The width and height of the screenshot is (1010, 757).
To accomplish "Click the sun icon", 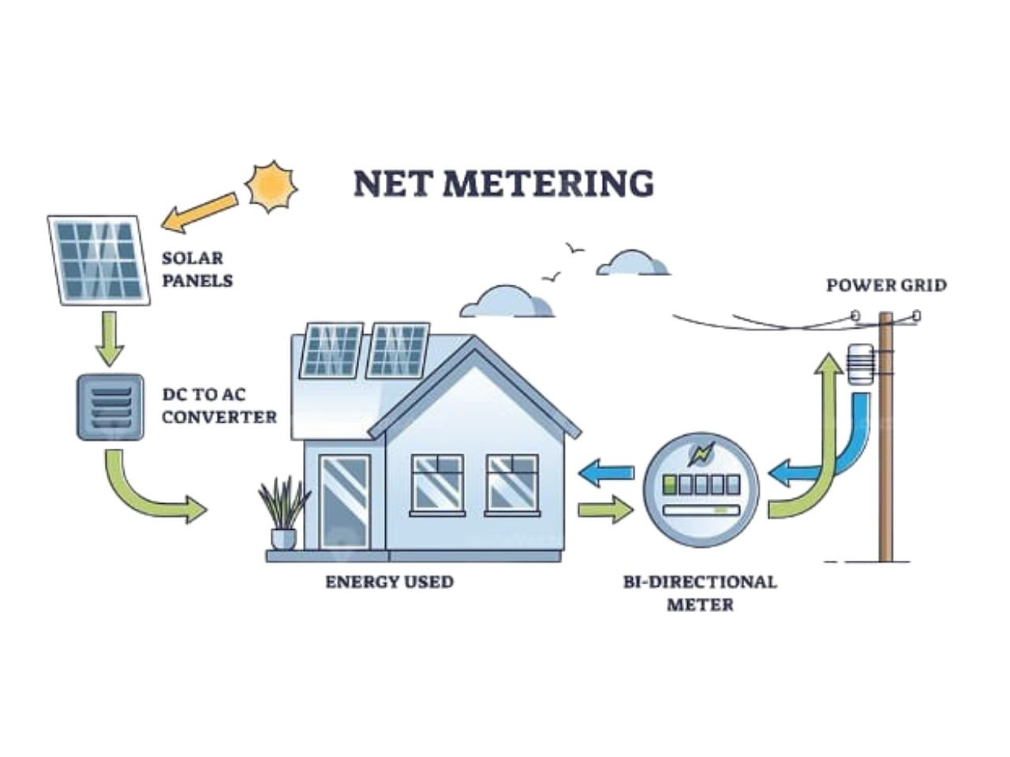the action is (271, 187).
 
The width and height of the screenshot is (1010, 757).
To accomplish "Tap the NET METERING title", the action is (504, 184).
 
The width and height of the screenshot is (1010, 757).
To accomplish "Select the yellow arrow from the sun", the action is (199, 212).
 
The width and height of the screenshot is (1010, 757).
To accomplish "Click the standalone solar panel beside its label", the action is (99, 259).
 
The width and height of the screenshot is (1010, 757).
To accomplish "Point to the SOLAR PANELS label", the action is (197, 270).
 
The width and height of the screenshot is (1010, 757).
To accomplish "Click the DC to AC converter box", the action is (110, 407).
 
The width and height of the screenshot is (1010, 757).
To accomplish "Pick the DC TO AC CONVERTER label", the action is (219, 406).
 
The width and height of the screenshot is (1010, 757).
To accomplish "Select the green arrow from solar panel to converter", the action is (110, 339).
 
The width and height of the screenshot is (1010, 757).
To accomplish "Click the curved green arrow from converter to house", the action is (138, 498).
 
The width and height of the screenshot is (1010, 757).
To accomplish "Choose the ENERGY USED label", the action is (390, 582).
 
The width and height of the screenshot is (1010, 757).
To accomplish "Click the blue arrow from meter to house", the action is (607, 473).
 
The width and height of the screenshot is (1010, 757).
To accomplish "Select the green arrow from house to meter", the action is (606, 509).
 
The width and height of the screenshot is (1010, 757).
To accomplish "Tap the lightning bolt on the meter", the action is (701, 453).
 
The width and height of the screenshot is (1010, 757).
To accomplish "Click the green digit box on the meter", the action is (669, 484).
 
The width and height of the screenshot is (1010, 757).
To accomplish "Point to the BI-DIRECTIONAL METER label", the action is (701, 593).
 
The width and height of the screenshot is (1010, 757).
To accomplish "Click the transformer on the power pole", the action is (860, 364).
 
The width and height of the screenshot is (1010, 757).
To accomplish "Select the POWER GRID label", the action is (887, 285).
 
